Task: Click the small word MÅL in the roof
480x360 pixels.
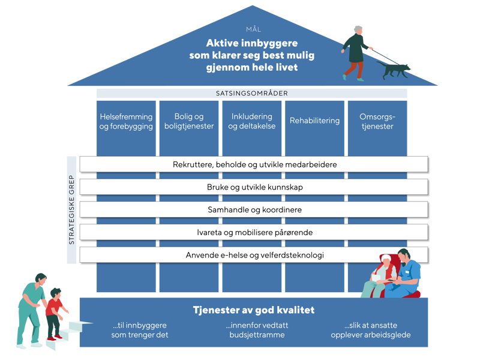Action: [x=254, y=29]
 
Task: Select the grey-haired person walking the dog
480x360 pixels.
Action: [x=356, y=52]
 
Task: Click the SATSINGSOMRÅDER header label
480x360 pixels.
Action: [x=252, y=94]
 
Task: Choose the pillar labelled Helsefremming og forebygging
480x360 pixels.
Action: [x=126, y=121]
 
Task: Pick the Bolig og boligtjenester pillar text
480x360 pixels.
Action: [x=189, y=121]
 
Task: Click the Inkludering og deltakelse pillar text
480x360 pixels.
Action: [x=251, y=121]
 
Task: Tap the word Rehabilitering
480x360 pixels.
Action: [x=314, y=121]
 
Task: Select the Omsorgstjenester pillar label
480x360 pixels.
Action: [x=377, y=121]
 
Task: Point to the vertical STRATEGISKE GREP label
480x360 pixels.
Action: [x=71, y=209]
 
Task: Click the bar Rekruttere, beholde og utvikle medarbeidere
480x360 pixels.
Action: [x=254, y=164]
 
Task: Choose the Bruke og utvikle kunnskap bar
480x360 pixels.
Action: [x=254, y=187]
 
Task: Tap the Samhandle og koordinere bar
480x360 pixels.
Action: [x=254, y=210]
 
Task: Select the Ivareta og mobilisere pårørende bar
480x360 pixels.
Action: [x=254, y=232]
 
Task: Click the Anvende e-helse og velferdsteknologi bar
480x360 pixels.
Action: [x=254, y=255]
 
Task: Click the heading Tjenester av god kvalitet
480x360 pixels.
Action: [x=253, y=310]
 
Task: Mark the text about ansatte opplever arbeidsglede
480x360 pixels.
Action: [x=371, y=330]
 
